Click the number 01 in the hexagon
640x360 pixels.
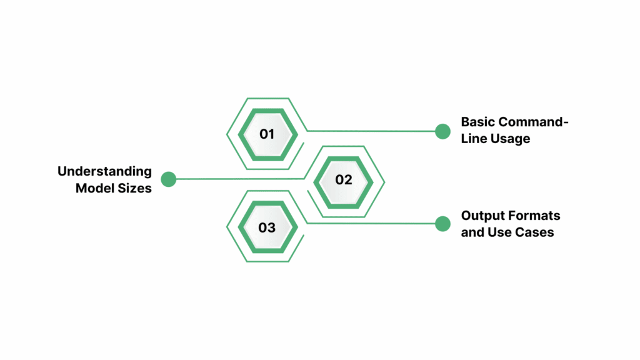(x=267, y=133)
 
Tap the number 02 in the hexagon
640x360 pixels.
(x=344, y=180)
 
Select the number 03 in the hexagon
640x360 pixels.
(x=267, y=227)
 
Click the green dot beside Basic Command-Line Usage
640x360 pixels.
(x=442, y=131)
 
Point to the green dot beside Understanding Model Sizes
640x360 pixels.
(x=168, y=179)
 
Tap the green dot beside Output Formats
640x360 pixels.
(x=442, y=224)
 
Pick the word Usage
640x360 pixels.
(x=509, y=139)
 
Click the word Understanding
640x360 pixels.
(x=104, y=171)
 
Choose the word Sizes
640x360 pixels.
(x=135, y=187)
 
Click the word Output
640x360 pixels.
(x=482, y=216)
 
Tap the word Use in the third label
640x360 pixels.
(x=500, y=232)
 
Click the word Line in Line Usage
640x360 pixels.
(x=473, y=139)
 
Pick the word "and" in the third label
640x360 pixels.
(x=473, y=232)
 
